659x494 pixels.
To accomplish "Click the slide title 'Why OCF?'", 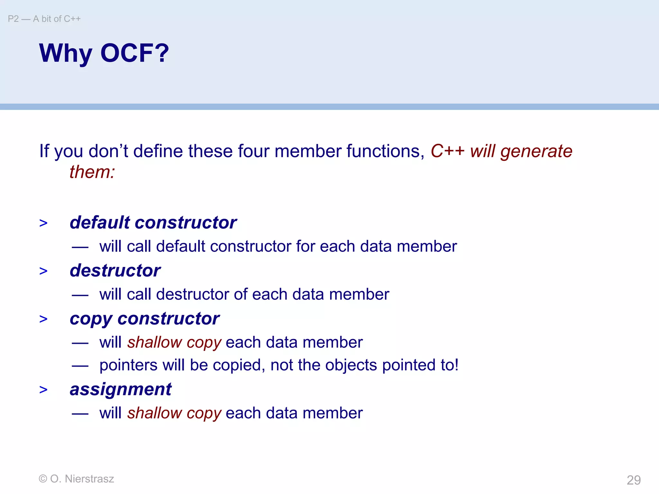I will [104, 53].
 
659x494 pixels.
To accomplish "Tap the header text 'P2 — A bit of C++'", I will [44, 19].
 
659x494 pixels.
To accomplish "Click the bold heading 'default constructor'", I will [153, 223].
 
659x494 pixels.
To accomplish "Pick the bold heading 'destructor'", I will [115, 270].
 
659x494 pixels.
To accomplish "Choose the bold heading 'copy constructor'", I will [144, 319].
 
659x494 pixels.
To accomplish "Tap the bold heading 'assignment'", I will [121, 389].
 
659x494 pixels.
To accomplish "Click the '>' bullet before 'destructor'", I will [43, 271].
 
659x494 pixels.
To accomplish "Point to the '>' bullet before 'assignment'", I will [43, 390].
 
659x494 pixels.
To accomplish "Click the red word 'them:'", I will [92, 172].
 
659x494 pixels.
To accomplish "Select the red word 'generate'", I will [536, 151].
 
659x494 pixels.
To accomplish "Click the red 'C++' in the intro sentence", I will [447, 151].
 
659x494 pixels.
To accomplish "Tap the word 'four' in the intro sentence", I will [253, 151].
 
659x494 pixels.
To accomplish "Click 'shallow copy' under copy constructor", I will [174, 342].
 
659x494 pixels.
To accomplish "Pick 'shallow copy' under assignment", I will [174, 413].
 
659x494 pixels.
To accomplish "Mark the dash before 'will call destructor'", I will [80, 295].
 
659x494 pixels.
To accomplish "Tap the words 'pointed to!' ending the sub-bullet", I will [420, 365].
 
